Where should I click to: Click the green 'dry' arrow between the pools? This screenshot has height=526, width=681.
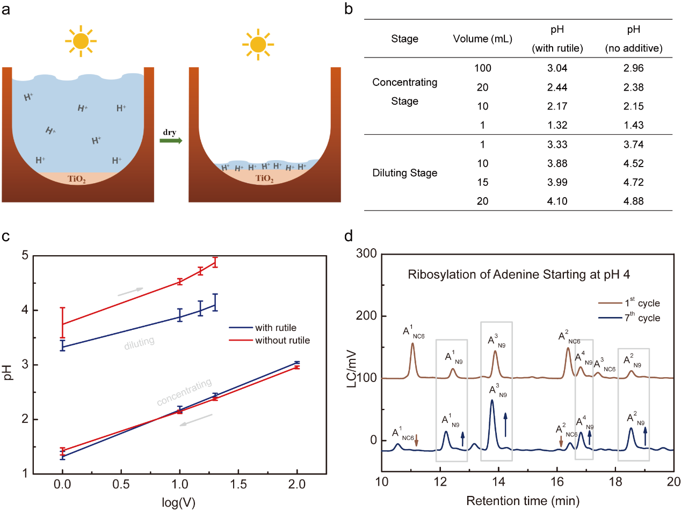click(x=171, y=141)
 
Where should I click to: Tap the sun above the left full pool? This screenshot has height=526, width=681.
click(x=81, y=41)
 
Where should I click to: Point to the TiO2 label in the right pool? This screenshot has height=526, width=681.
click(x=264, y=178)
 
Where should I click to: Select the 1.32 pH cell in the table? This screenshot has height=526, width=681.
click(x=557, y=125)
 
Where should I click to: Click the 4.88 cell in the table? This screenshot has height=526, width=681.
click(x=633, y=201)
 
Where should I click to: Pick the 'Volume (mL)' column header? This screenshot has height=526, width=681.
click(x=482, y=39)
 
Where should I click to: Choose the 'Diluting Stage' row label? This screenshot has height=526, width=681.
click(x=404, y=173)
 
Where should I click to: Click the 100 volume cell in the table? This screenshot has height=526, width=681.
click(x=482, y=68)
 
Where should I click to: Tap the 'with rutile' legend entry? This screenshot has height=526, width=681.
click(x=276, y=328)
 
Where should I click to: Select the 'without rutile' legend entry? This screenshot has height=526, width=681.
click(x=282, y=340)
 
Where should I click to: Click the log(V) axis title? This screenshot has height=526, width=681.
click(x=178, y=503)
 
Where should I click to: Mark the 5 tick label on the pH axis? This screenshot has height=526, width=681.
click(x=25, y=255)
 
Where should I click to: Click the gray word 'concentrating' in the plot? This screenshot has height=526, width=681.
click(x=184, y=393)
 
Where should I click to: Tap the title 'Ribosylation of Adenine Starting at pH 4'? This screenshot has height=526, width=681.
click(x=518, y=275)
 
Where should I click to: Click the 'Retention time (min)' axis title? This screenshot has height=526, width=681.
click(x=523, y=501)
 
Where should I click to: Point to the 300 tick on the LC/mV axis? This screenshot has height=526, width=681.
click(x=366, y=254)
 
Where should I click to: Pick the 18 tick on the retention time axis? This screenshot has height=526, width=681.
click(x=615, y=481)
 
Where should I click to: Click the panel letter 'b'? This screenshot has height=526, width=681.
click(x=349, y=9)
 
